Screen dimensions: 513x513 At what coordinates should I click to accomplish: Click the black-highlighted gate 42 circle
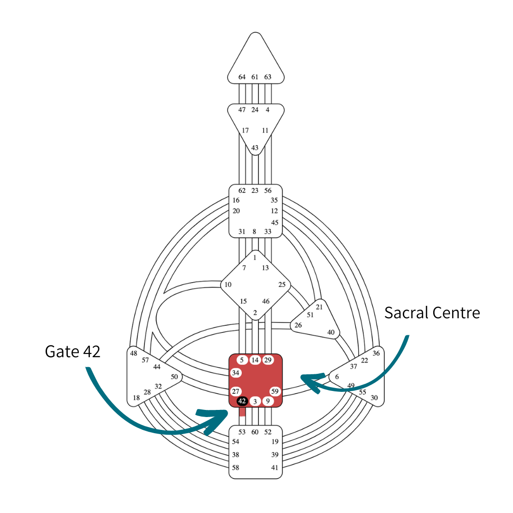[242, 401]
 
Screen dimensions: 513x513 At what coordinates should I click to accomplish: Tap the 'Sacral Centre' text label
[432, 313]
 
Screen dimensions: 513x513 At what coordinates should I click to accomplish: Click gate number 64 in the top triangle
[242, 77]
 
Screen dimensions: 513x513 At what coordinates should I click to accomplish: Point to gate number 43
[255, 148]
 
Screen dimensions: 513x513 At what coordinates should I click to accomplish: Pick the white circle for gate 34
[236, 372]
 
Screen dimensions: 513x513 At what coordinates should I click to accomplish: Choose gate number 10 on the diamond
[228, 285]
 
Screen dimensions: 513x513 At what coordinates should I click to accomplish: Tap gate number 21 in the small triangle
[319, 307]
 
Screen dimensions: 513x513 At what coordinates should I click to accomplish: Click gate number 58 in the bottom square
[235, 467]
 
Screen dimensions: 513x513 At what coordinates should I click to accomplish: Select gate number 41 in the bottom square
[275, 467]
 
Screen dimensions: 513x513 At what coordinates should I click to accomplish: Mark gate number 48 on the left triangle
[133, 353]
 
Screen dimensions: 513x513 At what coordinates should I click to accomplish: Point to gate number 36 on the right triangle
[376, 353]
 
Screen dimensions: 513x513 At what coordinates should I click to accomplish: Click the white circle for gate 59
[275, 391]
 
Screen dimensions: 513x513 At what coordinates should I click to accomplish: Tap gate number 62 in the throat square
[242, 190]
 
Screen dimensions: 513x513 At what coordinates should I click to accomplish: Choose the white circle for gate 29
[268, 360]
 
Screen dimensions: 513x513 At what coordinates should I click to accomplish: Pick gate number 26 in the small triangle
[298, 325]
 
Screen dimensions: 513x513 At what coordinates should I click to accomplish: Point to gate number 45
[275, 222]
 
